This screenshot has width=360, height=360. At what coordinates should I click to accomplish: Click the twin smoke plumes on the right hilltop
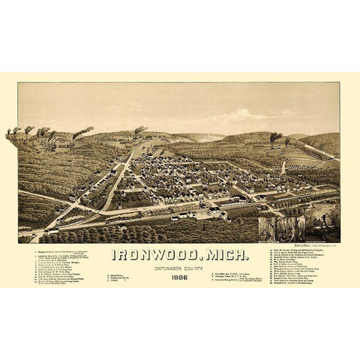pos(276,137)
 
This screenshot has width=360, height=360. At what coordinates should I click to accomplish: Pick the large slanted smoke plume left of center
pos(82,133)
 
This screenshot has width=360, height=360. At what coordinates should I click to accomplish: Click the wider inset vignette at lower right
pos(281,229)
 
